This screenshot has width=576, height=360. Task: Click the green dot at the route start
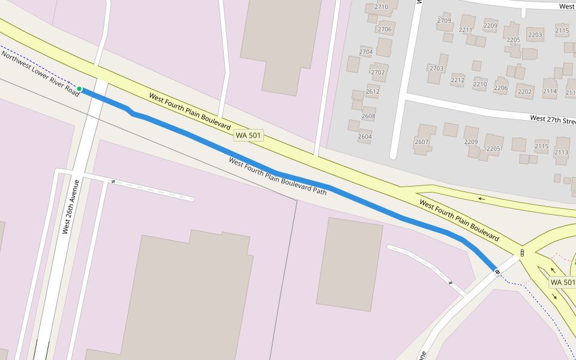click(x=79, y=89)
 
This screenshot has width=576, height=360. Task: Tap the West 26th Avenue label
click(x=71, y=206)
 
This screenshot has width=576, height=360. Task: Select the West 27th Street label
click(x=553, y=119)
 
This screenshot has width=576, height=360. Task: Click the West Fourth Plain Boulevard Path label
click(x=278, y=176)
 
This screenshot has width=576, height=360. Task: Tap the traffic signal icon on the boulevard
click(x=522, y=253)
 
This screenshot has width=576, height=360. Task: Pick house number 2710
click(x=381, y=7)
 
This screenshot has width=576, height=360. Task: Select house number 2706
click(x=385, y=29)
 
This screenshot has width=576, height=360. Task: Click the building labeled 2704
click(x=366, y=52)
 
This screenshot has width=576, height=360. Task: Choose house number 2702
click(x=378, y=73)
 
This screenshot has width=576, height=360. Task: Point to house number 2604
click(x=365, y=136)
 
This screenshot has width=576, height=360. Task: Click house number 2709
click(x=444, y=20)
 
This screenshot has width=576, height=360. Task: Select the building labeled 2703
click(x=436, y=68)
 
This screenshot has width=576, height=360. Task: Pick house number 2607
click(x=422, y=142)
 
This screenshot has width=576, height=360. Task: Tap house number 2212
click(x=458, y=80)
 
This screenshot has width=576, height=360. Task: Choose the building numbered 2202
click(x=524, y=92)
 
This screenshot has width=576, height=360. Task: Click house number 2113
click(x=561, y=152)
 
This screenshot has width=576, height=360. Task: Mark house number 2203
click(x=535, y=35)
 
